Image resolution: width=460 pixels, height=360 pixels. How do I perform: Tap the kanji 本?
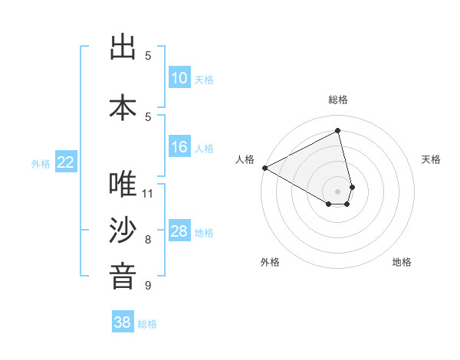coord(123,106)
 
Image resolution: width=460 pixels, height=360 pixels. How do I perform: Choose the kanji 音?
coord(123,277)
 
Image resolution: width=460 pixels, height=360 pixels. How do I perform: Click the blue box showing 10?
coord(179,78)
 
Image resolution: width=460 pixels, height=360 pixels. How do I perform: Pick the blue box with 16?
coord(179,147)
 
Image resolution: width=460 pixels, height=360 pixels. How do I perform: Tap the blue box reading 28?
coord(179,231)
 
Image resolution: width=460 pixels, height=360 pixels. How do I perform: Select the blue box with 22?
coord(66,162)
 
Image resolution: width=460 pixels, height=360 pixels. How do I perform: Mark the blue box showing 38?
coord(123,322)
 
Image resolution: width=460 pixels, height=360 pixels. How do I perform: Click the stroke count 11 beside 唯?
coord(148,192)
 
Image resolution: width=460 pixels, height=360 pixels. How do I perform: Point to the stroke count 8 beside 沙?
coord(148,239)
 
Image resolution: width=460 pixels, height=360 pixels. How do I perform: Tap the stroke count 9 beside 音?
coord(148,285)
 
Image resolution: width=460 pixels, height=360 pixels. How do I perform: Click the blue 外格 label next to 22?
coord(41,163)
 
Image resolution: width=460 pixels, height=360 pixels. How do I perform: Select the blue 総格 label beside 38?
coord(147,324)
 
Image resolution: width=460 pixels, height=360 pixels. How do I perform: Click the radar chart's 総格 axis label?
coord(338,100)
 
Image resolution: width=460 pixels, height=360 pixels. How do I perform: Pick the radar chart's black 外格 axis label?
coord(270,262)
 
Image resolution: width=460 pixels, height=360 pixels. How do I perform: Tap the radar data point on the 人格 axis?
coord(264,168)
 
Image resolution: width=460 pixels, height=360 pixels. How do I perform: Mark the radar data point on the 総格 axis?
coord(338,131)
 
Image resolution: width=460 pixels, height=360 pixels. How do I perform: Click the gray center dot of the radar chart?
coord(338,191)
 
